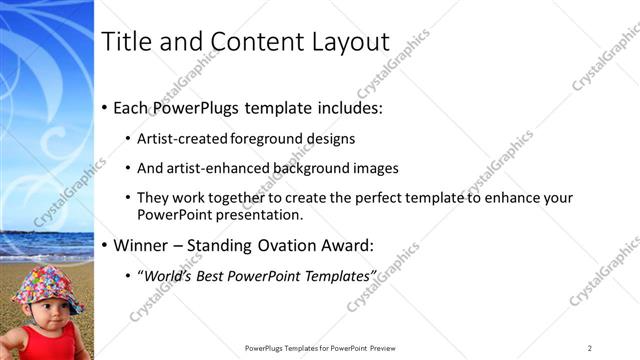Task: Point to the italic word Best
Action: (x=223, y=274)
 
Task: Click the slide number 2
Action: (x=590, y=347)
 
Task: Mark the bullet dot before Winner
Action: (x=105, y=245)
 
